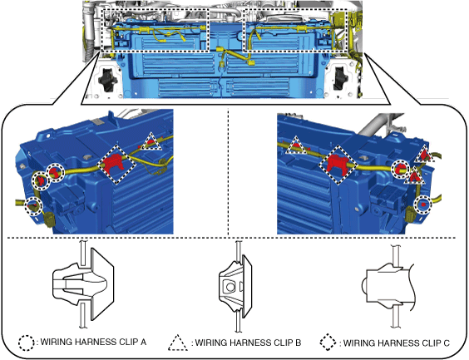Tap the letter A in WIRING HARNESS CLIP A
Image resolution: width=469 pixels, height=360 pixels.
(143, 342)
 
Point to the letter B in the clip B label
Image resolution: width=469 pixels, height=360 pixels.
(298, 343)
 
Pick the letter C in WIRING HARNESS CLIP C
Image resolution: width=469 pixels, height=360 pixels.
(447, 343)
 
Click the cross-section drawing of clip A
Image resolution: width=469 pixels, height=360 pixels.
(83, 284)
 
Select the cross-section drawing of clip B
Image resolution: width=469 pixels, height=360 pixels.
(234, 286)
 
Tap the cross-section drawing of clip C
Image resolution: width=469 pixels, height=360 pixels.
(389, 286)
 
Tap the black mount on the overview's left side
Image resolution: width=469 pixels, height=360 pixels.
(106, 79)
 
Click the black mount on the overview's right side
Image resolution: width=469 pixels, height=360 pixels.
(340, 78)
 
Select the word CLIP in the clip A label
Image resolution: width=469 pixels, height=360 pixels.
(128, 342)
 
